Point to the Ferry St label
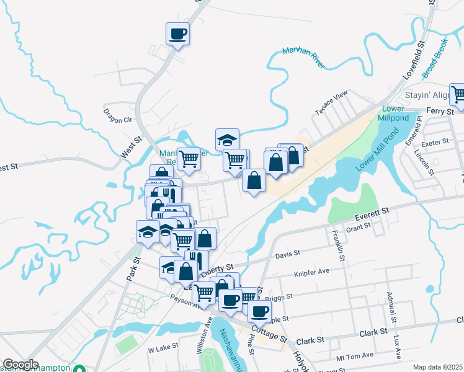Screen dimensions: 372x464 coord(440,110)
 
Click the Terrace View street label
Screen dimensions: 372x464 coord(331,103)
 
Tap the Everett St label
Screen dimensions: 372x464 coord(371,215)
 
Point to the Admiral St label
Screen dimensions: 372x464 coord(390,306)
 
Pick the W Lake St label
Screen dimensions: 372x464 coord(163,350)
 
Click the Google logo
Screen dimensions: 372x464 coord(20,365)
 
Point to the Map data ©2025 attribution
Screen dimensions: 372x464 coord(437,367)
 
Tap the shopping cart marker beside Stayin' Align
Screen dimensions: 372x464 coord(458,94)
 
